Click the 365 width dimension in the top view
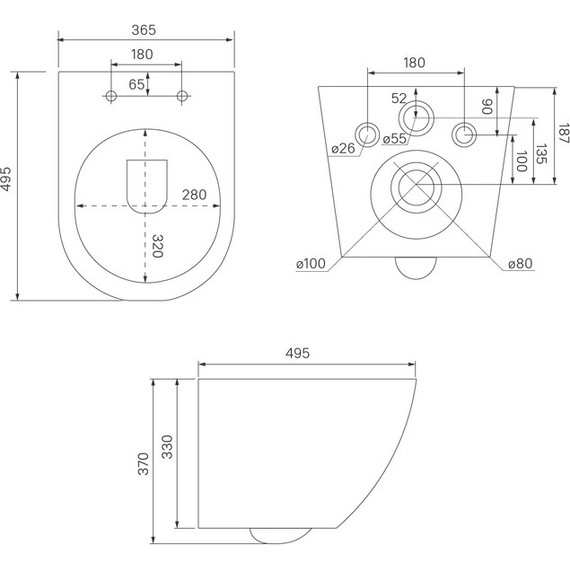pyautogui.click(x=144, y=30)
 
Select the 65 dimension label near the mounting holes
pyautogui.click(x=136, y=85)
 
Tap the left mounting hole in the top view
pyautogui.click(x=111, y=96)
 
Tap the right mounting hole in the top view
pyautogui.click(x=182, y=96)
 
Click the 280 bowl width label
pyautogui.click(x=194, y=195)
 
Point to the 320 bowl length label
pyautogui.click(x=157, y=246)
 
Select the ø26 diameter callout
pyautogui.click(x=343, y=148)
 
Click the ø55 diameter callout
pyautogui.click(x=394, y=139)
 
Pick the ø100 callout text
pyautogui.click(x=311, y=264)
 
